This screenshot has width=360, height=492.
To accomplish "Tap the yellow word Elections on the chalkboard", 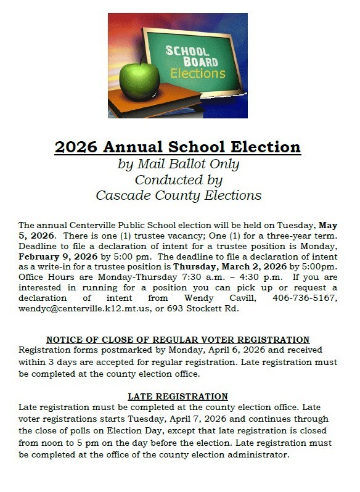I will [x=198, y=73].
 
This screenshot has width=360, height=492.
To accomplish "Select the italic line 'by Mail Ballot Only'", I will [x=178, y=165].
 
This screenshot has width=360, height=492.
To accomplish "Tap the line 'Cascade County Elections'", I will [x=178, y=195].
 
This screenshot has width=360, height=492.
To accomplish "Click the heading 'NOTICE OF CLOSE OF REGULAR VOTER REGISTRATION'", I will [x=178, y=340].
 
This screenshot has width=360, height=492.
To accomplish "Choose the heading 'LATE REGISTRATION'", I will [x=178, y=396].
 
